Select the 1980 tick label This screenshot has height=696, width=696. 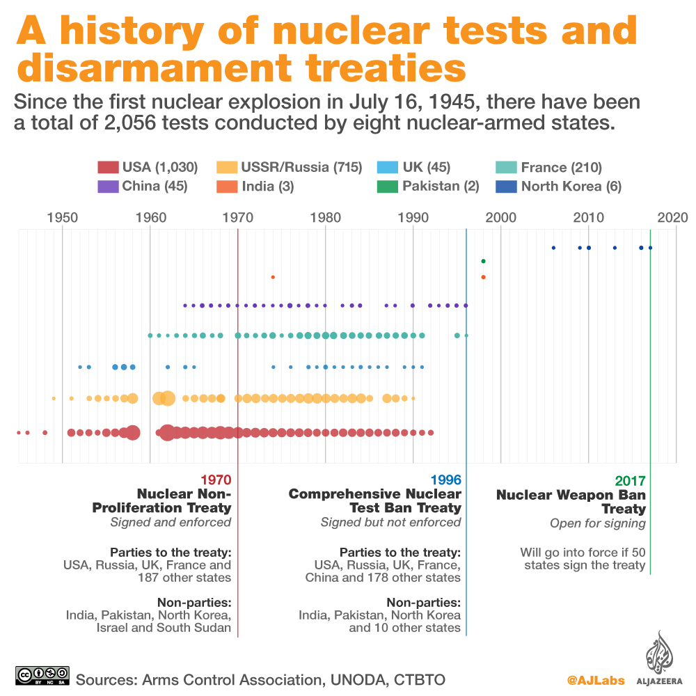(x=326, y=216)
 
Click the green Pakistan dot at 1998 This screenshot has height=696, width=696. (x=483, y=261)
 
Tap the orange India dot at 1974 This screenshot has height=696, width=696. (x=273, y=277)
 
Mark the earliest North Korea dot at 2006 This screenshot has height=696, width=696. (x=553, y=248)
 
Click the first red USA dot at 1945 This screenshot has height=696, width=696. (x=19, y=433)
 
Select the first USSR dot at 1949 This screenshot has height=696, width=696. (x=54, y=398)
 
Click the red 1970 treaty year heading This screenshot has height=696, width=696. (x=215, y=480)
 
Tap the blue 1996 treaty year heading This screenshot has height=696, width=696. (x=445, y=480)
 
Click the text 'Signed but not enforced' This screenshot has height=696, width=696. (x=390, y=522)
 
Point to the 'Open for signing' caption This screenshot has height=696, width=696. (x=597, y=523)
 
